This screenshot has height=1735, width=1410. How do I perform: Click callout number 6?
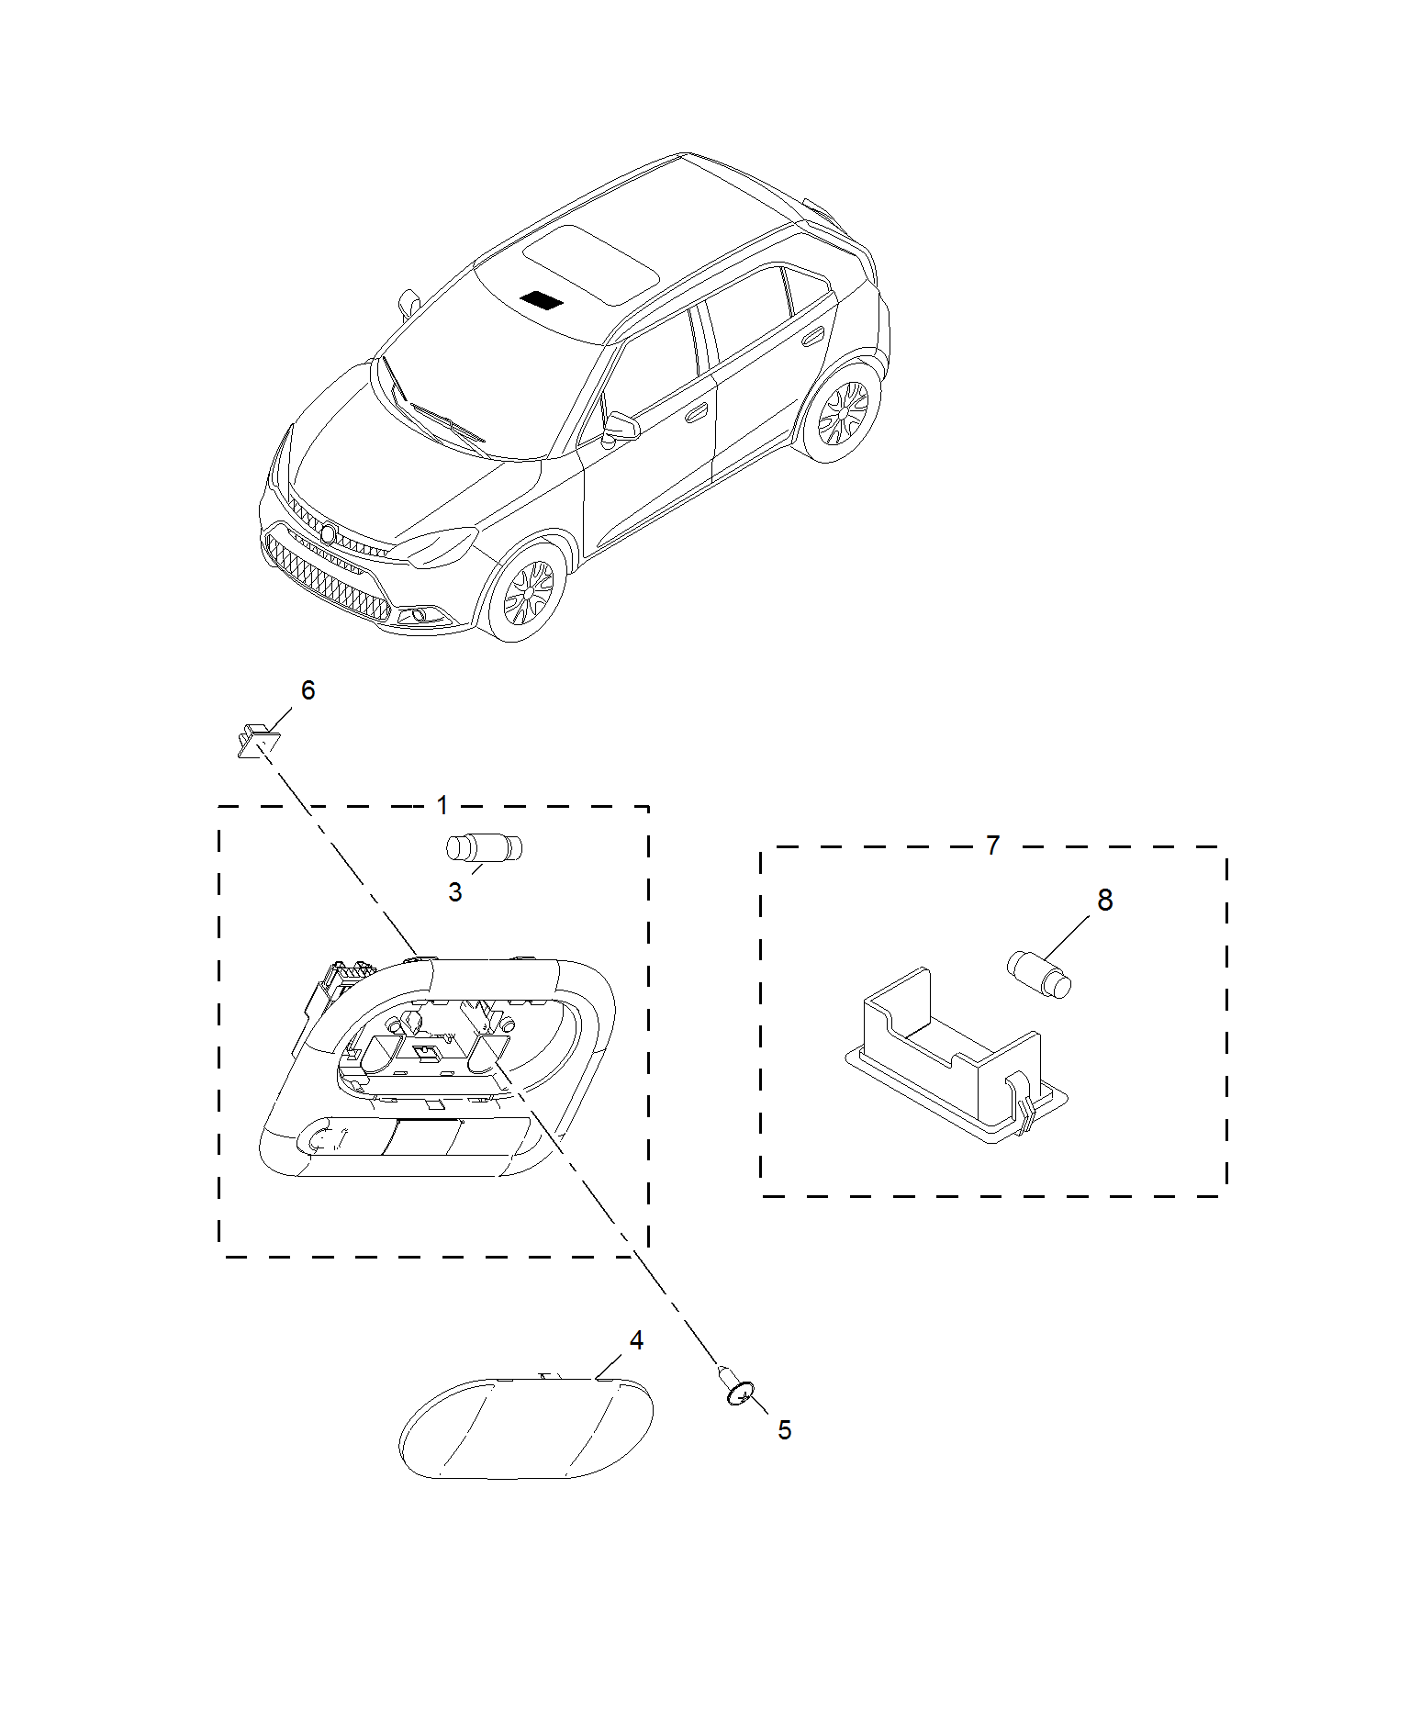pos(308,689)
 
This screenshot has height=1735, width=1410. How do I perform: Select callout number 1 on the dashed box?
pos(442,805)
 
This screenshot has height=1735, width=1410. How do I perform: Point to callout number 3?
pos(455,891)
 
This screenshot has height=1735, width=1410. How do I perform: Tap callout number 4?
pos(636,1340)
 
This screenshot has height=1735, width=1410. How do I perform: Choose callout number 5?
pos(784,1429)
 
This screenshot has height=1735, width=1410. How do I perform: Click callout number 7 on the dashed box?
pos(992,845)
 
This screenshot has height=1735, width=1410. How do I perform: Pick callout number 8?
pos(1105,900)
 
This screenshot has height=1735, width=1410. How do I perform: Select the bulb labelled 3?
pos(484,847)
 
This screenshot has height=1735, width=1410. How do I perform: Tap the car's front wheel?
pos(525,592)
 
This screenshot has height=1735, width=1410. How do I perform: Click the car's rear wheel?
pos(843,412)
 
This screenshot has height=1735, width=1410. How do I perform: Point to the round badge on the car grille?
pos(328,533)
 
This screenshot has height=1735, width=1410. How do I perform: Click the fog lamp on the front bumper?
pos(420,613)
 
